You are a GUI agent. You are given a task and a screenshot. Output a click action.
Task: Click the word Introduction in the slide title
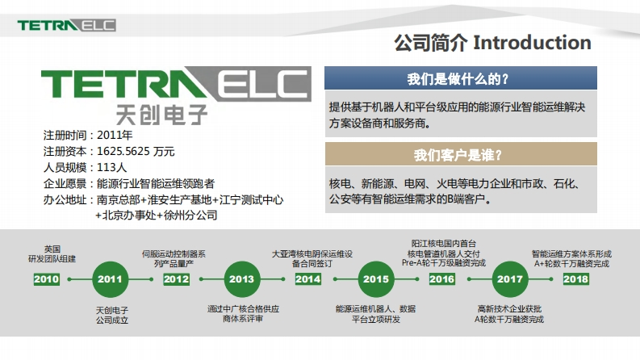tap(533, 42)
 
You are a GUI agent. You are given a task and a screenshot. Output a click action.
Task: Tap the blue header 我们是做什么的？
tap(461, 78)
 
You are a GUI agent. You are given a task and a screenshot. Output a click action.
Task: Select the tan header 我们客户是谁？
tap(461, 155)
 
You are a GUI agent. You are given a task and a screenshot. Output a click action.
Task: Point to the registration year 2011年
tap(115, 135)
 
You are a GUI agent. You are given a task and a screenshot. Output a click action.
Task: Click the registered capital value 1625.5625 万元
tap(136, 151)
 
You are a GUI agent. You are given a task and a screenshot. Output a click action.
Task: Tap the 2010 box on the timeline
tap(47, 279)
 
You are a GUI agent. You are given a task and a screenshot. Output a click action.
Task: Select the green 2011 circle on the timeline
tap(110, 279)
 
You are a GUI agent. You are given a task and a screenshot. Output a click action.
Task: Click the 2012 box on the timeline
tap(176, 279)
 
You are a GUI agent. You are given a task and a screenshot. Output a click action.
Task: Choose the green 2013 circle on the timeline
tap(241, 279)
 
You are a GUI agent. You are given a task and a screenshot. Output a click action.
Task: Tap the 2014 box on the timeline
tap(307, 279)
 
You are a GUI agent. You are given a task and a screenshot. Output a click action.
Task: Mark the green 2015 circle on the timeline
tap(375, 279)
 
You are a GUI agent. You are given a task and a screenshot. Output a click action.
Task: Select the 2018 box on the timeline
tap(575, 279)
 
